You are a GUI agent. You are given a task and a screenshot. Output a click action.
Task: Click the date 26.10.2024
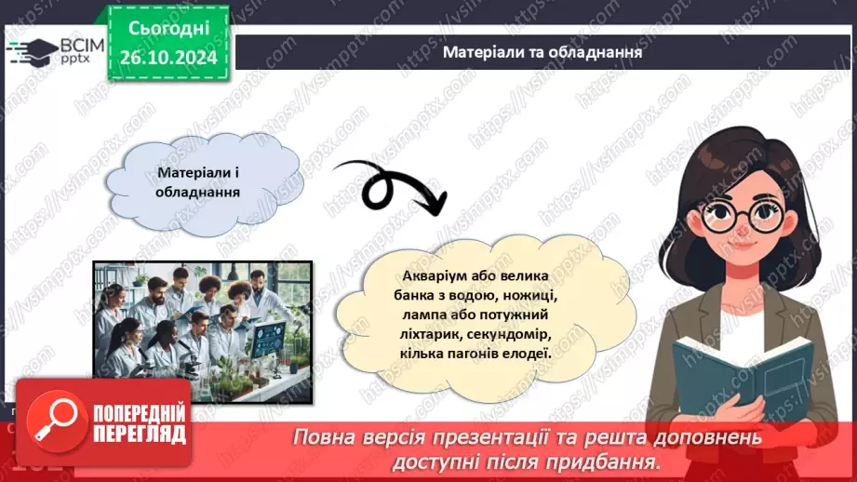tap(167, 58)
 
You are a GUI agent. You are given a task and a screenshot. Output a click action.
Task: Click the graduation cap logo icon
tap(31, 51)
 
